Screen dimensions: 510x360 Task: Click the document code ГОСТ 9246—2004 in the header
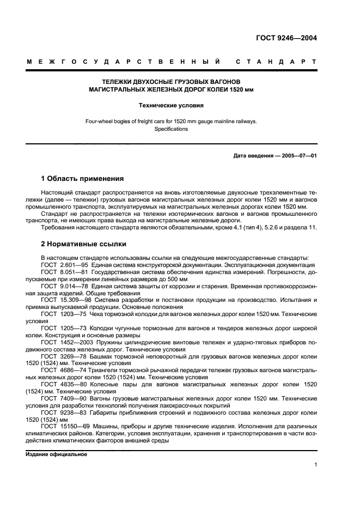click(x=286, y=38)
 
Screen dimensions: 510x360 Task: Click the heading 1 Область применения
click(x=82, y=179)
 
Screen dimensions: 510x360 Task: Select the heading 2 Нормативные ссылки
click(x=84, y=244)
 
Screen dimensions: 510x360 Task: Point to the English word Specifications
click(x=172, y=129)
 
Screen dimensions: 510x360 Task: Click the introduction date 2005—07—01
click(x=297, y=156)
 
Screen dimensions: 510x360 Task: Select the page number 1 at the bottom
click(x=315, y=464)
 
